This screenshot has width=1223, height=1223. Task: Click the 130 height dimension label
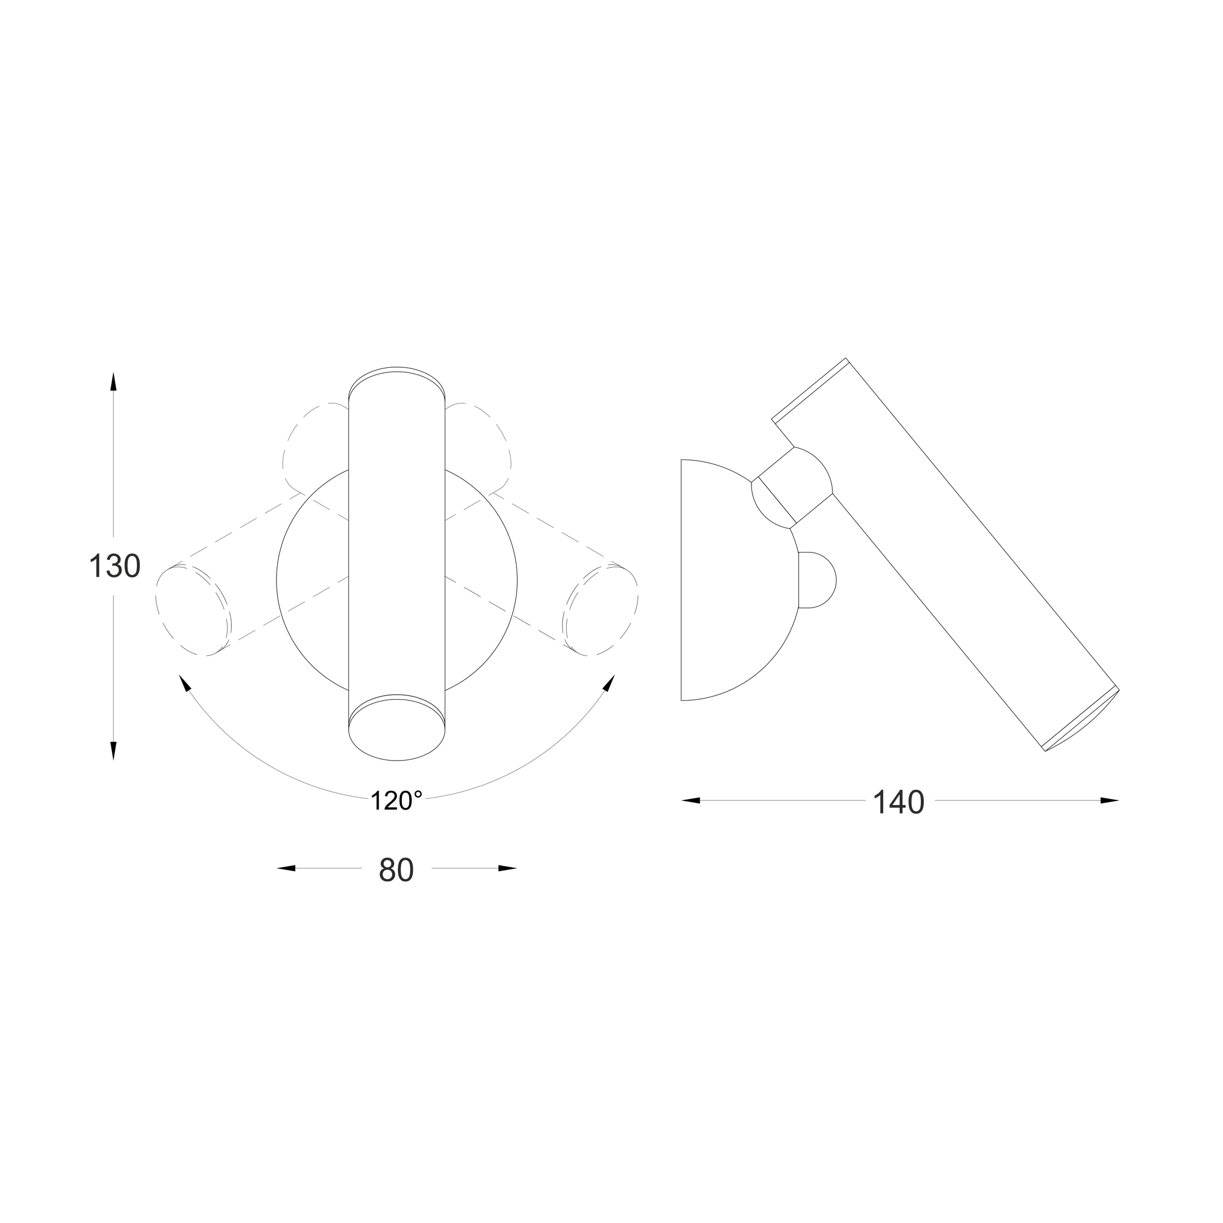(115, 566)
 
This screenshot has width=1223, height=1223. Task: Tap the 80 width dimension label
(396, 871)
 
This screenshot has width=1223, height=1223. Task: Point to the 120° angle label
(396, 801)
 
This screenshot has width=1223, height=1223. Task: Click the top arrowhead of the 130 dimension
(113, 381)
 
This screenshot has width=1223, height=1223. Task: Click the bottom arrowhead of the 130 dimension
(113, 751)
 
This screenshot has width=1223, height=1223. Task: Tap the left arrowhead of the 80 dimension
(286, 868)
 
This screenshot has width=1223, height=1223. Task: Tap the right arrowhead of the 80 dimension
(507, 868)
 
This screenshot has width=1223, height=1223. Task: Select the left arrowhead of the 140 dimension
(690, 801)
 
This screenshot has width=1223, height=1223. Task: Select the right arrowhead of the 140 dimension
(1110, 801)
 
